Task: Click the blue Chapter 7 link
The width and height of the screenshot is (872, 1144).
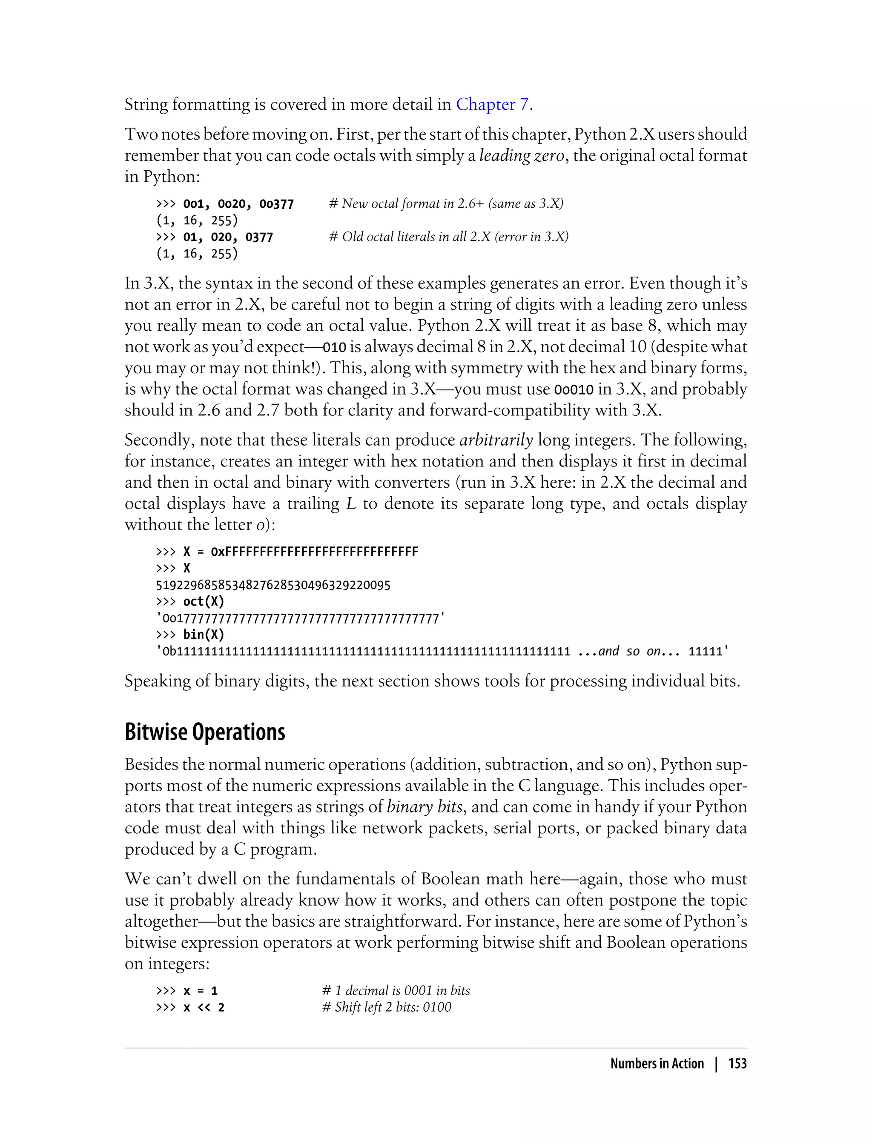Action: [493, 104]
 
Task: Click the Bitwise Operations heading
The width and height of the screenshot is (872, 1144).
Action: [205, 732]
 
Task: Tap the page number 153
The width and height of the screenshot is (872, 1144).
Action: [737, 1064]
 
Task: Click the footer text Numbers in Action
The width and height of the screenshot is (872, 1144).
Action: [657, 1064]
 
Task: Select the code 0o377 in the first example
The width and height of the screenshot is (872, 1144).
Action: [277, 204]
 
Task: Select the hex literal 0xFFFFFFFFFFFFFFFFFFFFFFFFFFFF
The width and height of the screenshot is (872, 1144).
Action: [314, 552]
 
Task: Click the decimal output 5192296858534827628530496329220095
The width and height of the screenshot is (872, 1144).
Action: [273, 585]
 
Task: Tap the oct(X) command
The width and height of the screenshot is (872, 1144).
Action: [204, 602]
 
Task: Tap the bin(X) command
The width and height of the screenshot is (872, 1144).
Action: [204, 635]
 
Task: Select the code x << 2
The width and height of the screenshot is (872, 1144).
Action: [204, 1007]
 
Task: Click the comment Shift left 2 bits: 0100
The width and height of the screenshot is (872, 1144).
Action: [387, 1007]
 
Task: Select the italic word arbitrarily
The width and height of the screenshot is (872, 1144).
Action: [496, 440]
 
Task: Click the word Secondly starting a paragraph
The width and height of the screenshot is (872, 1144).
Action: [159, 440]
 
